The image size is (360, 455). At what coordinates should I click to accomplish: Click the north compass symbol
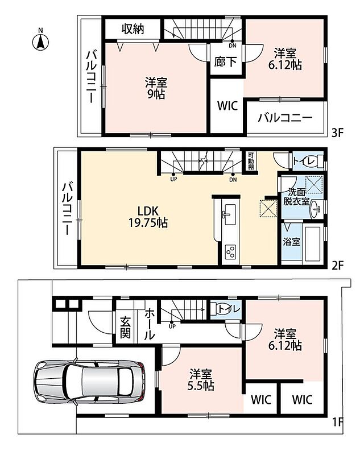click(x=40, y=41)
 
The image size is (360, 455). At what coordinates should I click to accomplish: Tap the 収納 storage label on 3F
click(x=133, y=29)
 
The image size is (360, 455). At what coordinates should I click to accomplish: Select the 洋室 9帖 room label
click(x=156, y=88)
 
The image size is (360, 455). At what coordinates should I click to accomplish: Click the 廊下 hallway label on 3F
click(x=225, y=62)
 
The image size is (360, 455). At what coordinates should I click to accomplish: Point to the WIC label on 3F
click(x=227, y=106)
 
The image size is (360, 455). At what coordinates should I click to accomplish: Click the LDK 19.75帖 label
click(x=148, y=217)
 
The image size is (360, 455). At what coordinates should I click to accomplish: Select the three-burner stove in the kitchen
click(x=231, y=252)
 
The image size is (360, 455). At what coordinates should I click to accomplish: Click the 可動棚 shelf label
click(x=250, y=162)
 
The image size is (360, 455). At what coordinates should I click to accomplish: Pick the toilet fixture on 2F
click(x=318, y=161)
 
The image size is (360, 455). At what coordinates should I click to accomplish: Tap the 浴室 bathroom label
click(x=291, y=241)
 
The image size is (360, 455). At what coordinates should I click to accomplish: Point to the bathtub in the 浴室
click(x=312, y=244)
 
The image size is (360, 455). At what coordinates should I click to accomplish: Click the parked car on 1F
click(x=89, y=381)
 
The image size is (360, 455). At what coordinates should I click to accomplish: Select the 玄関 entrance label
click(x=125, y=328)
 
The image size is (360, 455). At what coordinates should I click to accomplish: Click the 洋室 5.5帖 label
click(x=201, y=380)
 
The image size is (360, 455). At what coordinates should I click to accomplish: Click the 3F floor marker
click(x=338, y=133)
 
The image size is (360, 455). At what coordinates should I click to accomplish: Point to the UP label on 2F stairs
click(x=173, y=180)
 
